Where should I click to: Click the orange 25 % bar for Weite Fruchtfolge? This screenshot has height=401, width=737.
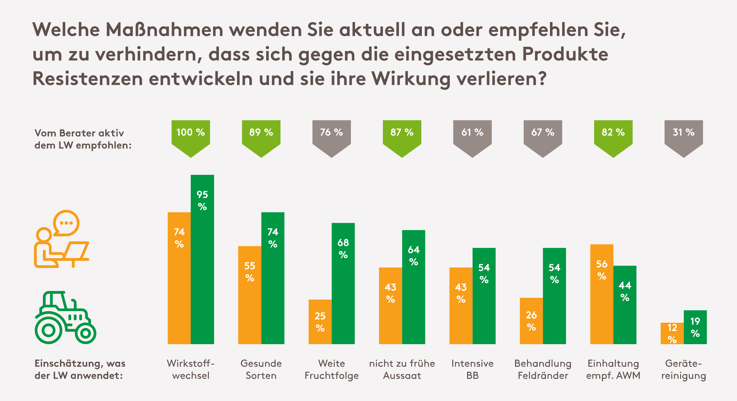click(320, 322)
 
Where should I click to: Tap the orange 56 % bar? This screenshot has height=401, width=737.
click(602, 294)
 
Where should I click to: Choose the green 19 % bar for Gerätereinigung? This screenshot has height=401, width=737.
click(695, 327)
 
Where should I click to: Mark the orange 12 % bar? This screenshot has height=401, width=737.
click(672, 333)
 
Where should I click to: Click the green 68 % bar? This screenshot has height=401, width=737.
click(343, 283)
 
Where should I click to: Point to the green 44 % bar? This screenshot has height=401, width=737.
click(625, 305)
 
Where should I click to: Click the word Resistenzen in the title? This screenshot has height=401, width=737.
click(87, 79)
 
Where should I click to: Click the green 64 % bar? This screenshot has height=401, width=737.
click(413, 287)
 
